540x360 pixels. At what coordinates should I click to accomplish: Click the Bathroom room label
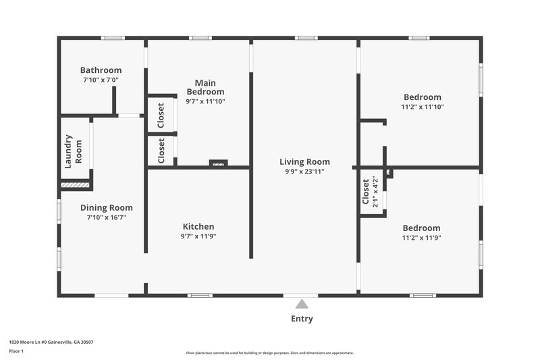click(101, 70)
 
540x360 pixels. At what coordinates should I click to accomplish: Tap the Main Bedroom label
click(205, 87)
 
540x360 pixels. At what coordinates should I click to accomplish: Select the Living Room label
click(304, 162)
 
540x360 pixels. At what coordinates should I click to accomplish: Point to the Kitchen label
click(198, 227)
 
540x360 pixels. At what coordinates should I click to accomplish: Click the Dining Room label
click(107, 208)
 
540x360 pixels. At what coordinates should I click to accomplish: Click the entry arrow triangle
click(302, 304)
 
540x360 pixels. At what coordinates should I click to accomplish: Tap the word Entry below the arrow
click(302, 319)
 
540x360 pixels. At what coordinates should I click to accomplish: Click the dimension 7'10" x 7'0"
click(101, 80)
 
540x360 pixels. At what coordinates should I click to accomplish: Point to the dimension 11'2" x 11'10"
click(423, 107)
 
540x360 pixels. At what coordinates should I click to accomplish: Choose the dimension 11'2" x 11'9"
click(421, 238)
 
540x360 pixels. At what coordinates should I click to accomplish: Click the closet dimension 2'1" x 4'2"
click(375, 192)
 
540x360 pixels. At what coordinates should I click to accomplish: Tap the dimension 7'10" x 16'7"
click(107, 217)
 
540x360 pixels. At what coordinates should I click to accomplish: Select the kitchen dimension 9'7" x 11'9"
click(198, 236)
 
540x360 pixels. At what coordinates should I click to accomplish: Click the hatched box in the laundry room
click(75, 184)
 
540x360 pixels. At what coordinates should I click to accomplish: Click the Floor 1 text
click(16, 351)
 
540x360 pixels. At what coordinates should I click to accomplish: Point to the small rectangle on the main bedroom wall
click(218, 163)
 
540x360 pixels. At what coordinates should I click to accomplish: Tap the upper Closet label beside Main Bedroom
click(161, 115)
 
